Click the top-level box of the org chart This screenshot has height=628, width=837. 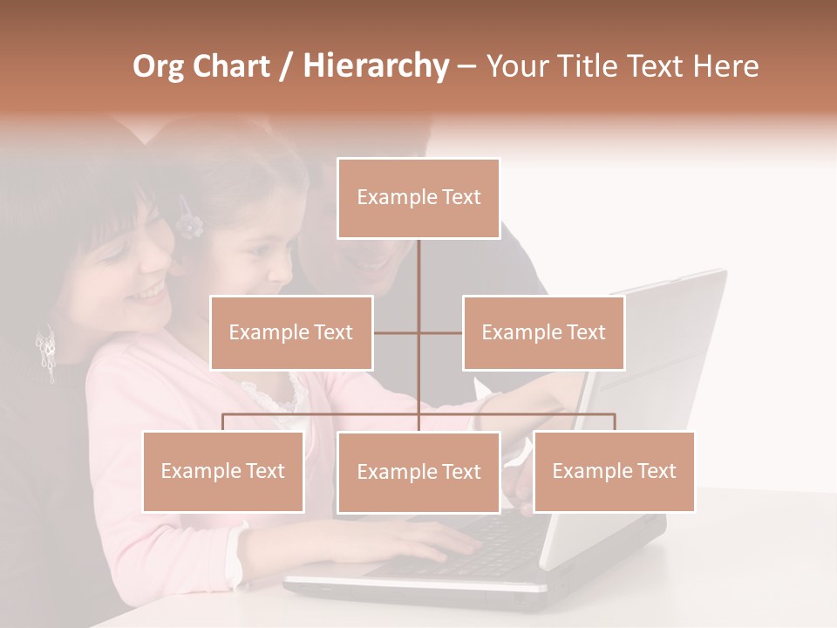click(418, 198)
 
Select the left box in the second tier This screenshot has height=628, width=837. click(291, 332)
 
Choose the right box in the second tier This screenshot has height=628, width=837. click(543, 332)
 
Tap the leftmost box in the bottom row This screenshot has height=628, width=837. click(223, 471)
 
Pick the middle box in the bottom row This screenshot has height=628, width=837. click(418, 472)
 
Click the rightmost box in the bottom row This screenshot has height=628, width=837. click(614, 471)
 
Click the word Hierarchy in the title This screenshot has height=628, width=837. click(375, 66)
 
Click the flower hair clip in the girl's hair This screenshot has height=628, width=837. click(187, 222)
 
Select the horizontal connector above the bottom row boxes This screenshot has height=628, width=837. click(323, 414)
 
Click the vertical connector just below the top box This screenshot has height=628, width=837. click(419, 266)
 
